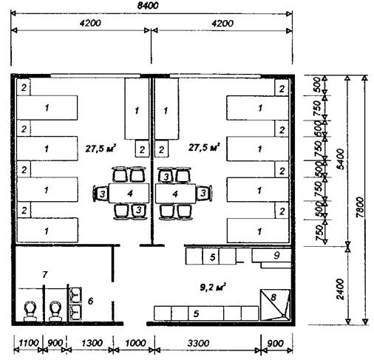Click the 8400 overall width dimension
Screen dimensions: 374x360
click(148, 5)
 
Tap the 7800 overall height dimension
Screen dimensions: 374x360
click(360, 207)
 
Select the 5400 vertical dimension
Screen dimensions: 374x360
click(341, 159)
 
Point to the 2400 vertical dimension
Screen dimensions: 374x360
click(340, 289)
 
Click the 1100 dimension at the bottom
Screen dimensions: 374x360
click(29, 343)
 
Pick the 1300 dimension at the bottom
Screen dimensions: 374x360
click(92, 343)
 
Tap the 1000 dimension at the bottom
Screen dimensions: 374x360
click(136, 343)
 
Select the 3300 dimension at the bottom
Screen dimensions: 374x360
click(199, 343)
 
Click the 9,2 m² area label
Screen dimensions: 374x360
click(213, 287)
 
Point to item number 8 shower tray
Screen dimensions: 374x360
click(276, 305)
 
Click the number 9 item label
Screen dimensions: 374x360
click(276, 255)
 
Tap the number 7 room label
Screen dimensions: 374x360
click(44, 274)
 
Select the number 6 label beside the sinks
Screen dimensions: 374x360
click(91, 301)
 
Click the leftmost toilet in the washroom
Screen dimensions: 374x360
click(30, 311)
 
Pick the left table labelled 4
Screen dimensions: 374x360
click(129, 193)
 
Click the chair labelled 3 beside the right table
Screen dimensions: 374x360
click(203, 193)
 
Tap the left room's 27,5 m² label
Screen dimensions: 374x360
click(101, 148)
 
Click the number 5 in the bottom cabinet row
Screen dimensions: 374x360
click(196, 313)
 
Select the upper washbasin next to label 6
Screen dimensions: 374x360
click(75, 295)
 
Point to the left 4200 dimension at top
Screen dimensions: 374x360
click(90, 23)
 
